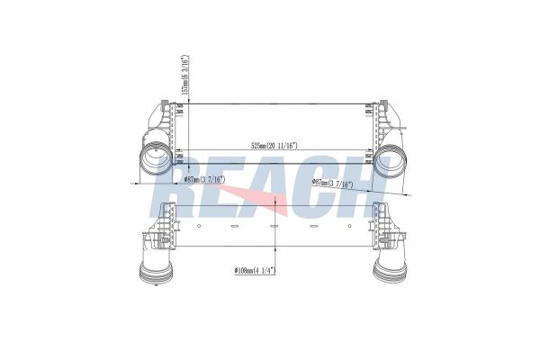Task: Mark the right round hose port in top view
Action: (395, 166)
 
